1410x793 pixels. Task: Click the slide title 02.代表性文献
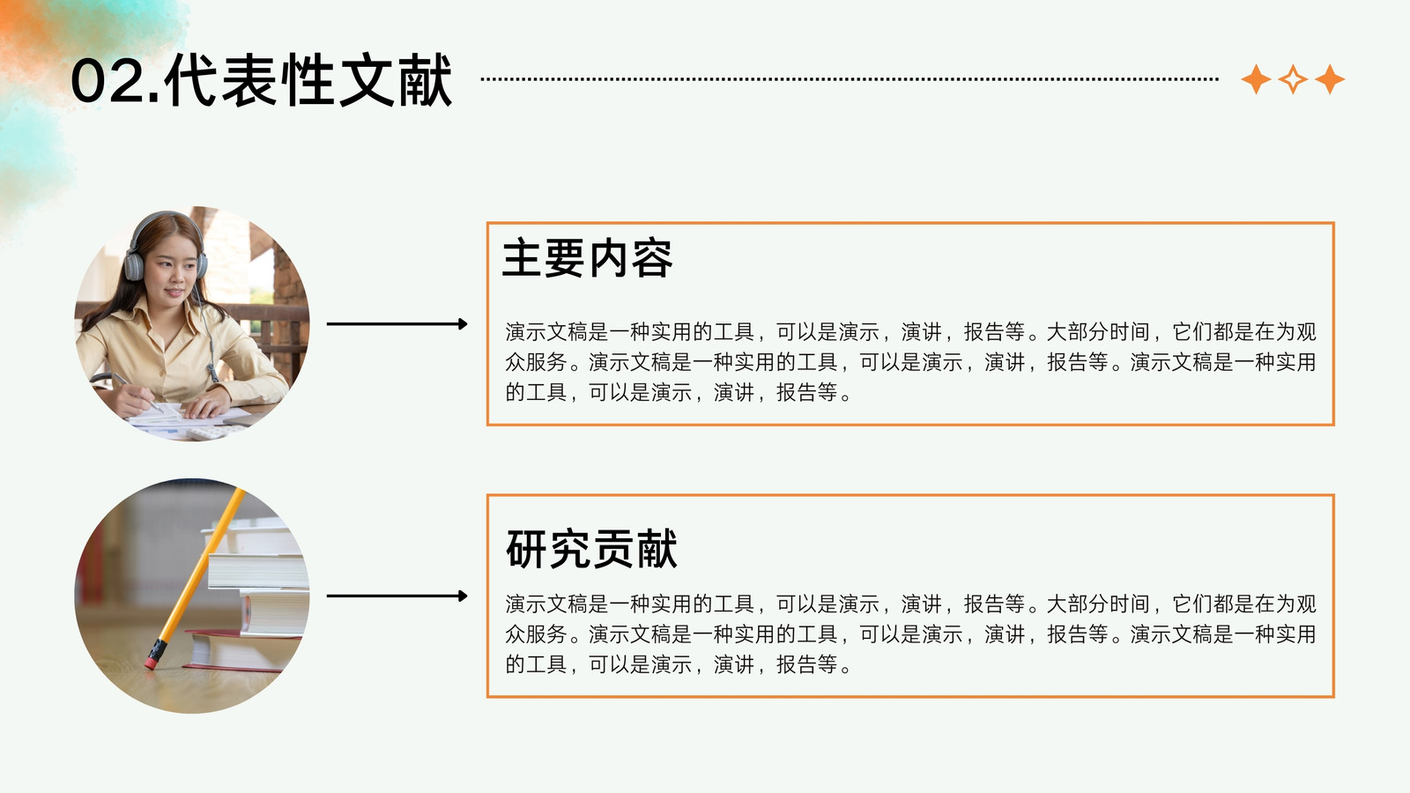click(261, 80)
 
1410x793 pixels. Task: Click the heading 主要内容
click(587, 258)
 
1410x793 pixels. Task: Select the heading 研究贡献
click(591, 549)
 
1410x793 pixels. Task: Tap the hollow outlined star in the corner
click(1293, 79)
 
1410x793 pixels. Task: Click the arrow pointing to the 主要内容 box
click(397, 323)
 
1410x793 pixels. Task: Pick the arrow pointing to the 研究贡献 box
click(397, 596)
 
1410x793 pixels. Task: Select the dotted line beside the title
click(850, 79)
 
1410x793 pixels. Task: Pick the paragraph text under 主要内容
click(910, 362)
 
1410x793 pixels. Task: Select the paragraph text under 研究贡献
click(910, 634)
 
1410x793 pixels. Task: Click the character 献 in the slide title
click(425, 80)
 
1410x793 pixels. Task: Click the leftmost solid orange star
click(1256, 79)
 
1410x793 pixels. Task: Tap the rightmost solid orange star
click(1330, 79)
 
